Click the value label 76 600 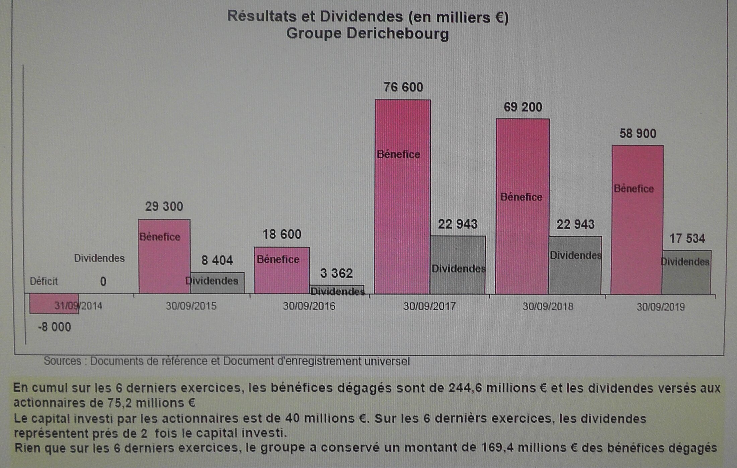(403, 87)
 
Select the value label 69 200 (523, 107)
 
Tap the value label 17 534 (687, 239)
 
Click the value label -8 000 (55, 327)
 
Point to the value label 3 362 (336, 274)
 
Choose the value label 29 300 (164, 207)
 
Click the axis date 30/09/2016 (309, 306)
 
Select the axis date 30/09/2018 (548, 306)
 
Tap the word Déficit (44, 281)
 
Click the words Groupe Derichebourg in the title (367, 33)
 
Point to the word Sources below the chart (63, 361)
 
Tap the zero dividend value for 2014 (103, 282)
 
